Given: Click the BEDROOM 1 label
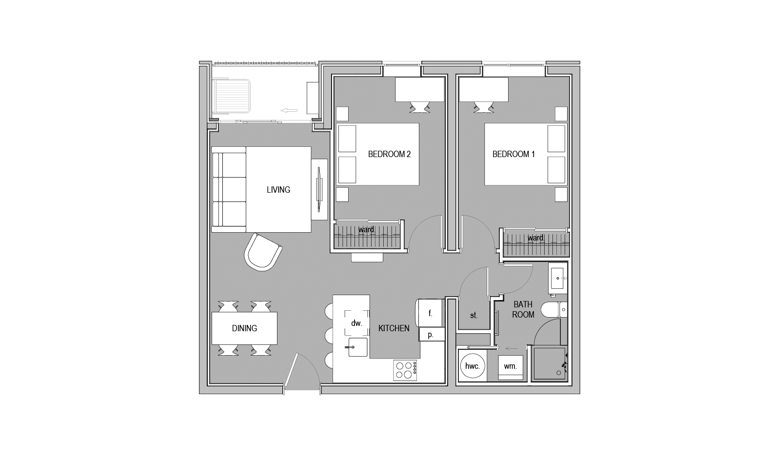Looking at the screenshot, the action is [513, 154].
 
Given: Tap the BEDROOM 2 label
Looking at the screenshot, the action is [389, 154].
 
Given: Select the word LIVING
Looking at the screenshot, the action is [278, 190].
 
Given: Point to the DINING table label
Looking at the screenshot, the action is [244, 328].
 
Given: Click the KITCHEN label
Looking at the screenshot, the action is [394, 328].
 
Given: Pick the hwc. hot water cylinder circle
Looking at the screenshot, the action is [473, 366].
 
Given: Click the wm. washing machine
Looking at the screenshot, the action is [511, 367].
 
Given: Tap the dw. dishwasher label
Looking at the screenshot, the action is [356, 323].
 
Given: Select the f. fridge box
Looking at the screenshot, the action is [430, 313].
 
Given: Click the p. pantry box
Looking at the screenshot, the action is [432, 335].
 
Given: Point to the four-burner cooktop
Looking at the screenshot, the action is [405, 370].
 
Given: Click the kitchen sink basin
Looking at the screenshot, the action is [358, 347].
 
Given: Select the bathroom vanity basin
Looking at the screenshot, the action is [557, 279].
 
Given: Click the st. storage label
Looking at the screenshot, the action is [474, 315].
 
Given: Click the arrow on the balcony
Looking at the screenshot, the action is [289, 110].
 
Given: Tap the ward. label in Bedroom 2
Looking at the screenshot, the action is [367, 229].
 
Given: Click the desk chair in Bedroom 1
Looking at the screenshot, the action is [484, 107].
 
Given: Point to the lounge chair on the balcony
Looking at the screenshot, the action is [231, 97].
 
